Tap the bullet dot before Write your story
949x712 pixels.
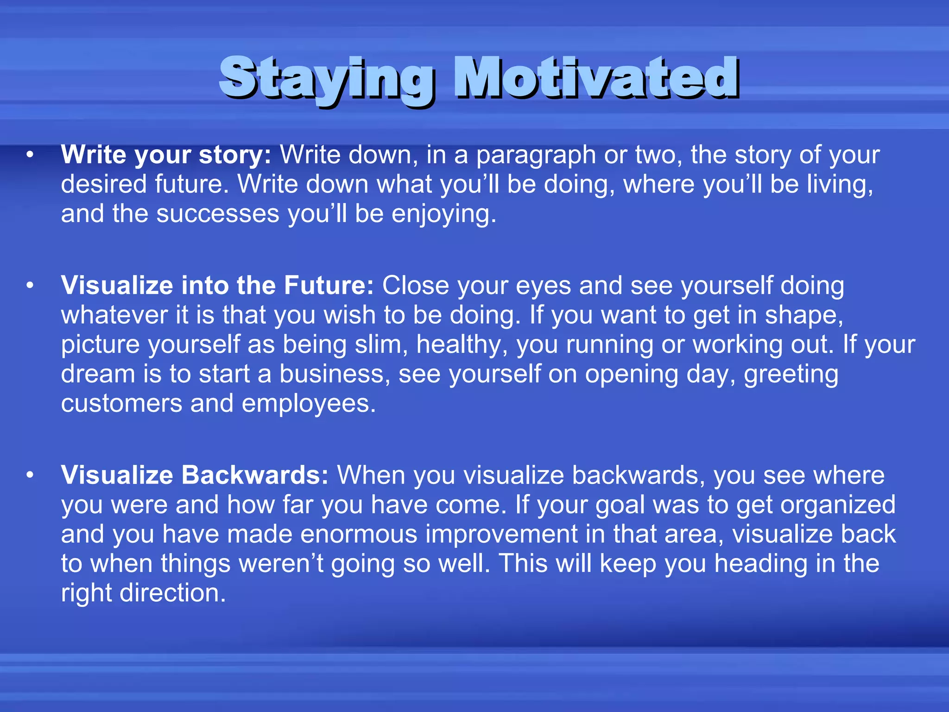(x=30, y=155)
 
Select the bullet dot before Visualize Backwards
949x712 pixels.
(x=30, y=475)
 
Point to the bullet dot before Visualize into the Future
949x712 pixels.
(x=30, y=286)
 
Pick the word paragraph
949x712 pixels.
(x=536, y=156)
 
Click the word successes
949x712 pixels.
(x=218, y=214)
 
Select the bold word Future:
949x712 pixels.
(x=329, y=286)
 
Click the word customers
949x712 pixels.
(x=121, y=404)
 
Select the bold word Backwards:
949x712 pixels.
(x=255, y=475)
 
